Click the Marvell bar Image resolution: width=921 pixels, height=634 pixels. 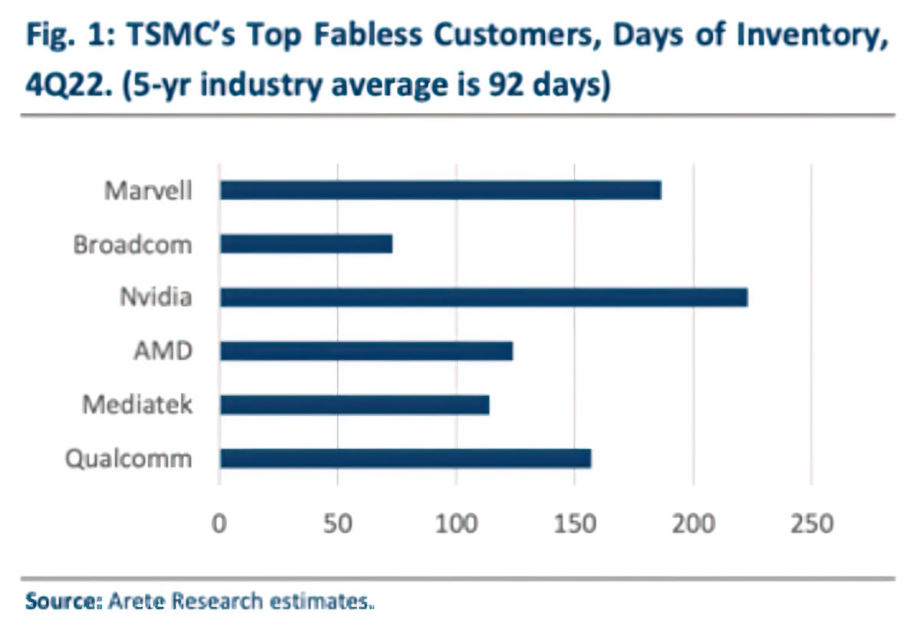440,190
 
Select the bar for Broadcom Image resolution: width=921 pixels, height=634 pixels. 305,244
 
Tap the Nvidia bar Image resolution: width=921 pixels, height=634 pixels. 484,298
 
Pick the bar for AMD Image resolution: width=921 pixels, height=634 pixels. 366,351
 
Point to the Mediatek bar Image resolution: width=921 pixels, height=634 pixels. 354,405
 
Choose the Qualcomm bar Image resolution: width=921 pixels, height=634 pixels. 405,458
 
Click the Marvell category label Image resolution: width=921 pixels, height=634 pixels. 148,190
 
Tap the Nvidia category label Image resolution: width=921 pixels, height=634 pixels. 156,298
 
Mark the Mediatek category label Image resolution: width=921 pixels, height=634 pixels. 138,405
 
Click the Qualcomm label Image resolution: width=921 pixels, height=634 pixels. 128,458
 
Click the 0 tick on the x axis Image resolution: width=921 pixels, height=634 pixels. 220,524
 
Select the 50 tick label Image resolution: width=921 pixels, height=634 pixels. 338,524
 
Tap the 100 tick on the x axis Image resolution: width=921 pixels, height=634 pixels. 456,524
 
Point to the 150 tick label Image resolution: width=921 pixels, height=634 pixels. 575,524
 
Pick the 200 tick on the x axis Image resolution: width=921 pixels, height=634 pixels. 693,524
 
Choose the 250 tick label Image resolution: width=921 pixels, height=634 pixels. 811,524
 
